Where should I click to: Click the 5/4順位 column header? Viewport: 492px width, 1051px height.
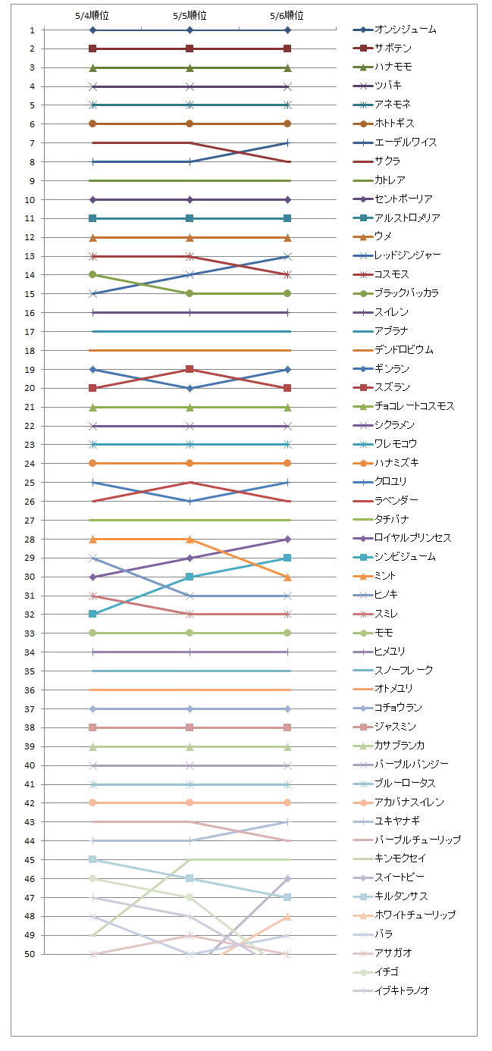point(92,15)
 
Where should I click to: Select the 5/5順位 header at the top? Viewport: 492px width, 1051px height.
point(190,15)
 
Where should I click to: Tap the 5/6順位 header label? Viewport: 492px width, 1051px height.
point(287,15)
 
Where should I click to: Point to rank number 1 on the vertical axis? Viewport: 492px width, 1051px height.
point(32,30)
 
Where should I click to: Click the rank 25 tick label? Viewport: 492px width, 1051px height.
point(30,482)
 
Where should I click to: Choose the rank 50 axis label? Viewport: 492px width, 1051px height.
point(30,954)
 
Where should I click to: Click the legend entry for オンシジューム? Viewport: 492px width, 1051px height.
point(406,30)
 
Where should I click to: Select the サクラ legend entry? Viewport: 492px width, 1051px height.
point(387,161)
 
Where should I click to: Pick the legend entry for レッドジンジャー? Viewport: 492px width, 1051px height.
point(412,255)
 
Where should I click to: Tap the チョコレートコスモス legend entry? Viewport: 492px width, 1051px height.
point(415,406)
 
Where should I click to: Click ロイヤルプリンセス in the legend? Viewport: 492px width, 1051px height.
point(413,538)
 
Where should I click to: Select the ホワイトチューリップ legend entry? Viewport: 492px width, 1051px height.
point(415,915)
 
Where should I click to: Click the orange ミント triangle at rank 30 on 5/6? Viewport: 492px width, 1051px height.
point(287,577)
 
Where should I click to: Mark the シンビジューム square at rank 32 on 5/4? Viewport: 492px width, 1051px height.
point(92,614)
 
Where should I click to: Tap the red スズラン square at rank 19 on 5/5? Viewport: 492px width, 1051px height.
point(190,369)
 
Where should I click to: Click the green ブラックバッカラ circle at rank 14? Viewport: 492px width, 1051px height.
point(92,274)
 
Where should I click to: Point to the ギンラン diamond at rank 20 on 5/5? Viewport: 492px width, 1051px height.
point(190,388)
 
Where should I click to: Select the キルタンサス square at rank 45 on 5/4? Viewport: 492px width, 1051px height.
point(92,859)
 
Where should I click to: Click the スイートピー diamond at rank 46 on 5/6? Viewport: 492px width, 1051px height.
point(287,878)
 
